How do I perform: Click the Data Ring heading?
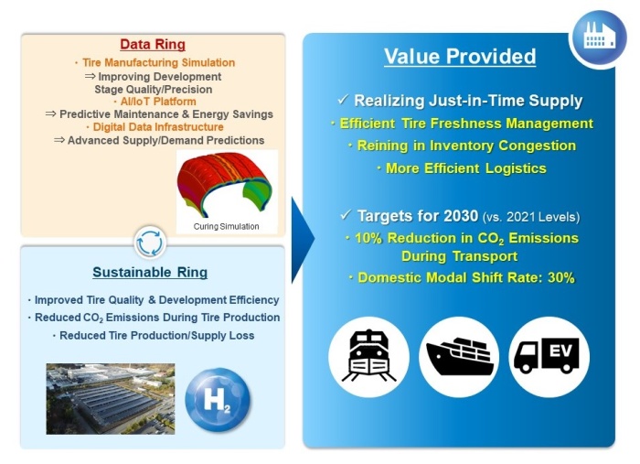153,44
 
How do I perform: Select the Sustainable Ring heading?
150,272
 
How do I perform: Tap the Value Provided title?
460,57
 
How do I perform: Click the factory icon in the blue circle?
599,36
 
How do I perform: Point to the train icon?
368,356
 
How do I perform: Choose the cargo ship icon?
460,356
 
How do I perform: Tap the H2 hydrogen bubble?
218,399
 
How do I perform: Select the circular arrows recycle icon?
150,243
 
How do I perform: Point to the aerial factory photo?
111,399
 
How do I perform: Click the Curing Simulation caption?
226,226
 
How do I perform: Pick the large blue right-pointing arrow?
303,240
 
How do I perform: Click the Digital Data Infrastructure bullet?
155,127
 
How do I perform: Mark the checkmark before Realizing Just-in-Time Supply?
343,99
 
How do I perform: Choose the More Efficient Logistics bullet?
462,168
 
